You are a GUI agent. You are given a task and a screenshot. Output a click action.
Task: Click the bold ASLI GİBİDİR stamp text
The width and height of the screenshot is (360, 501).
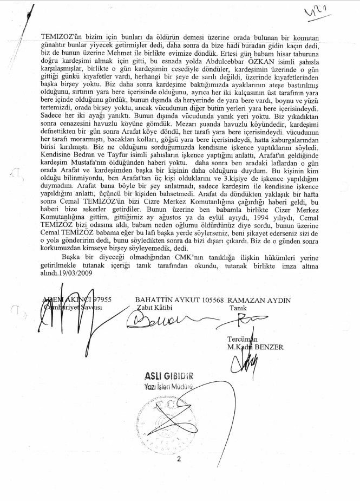tap(169, 376)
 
